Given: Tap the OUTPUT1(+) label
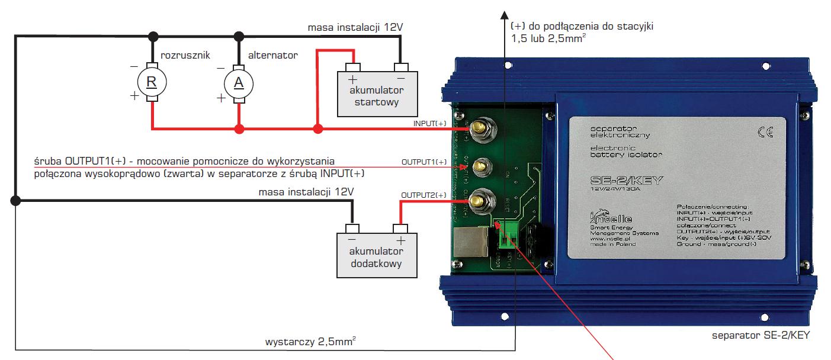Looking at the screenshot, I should click(422, 160).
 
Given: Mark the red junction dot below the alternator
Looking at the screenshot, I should click(239, 128).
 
